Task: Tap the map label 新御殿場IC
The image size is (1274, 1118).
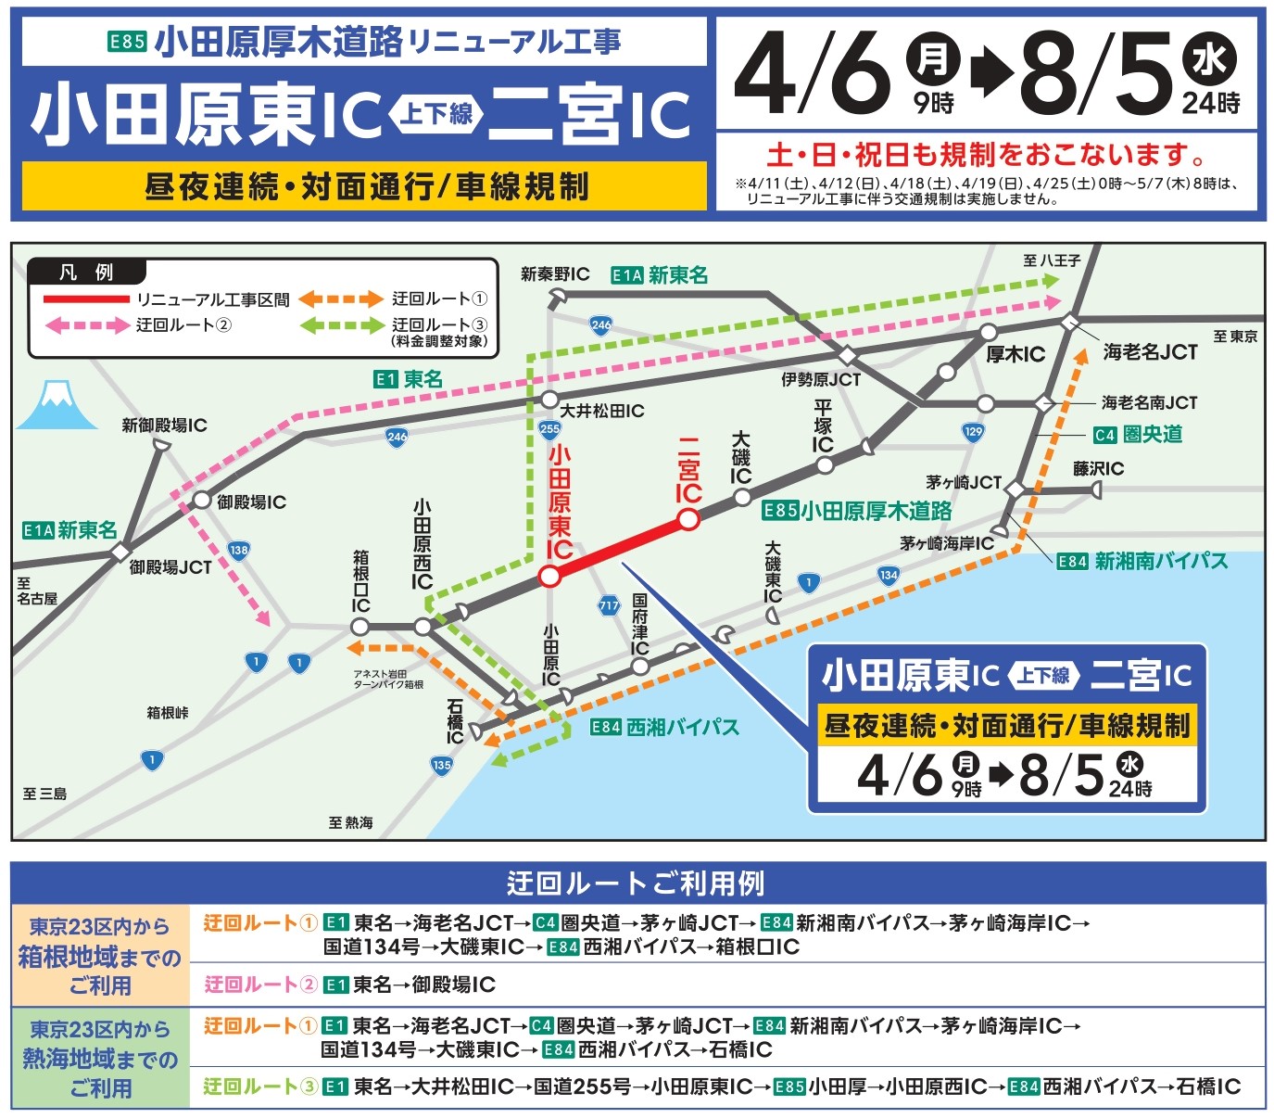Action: point(164,426)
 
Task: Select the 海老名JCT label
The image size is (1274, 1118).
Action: point(1150,352)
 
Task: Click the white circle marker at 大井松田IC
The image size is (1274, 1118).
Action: point(549,400)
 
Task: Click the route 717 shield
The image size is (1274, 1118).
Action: point(608,605)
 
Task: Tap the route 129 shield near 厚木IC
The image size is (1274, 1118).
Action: point(973,431)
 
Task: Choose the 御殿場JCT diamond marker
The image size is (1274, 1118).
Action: point(120,553)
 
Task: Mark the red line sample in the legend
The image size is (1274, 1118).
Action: point(86,299)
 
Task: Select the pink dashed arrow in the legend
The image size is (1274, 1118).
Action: point(87,325)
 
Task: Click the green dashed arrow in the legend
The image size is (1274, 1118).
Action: point(341,325)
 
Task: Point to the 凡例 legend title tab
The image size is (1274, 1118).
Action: point(86,272)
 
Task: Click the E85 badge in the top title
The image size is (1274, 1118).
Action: point(127,42)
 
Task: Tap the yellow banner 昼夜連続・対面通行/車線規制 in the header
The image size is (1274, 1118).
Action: point(364,186)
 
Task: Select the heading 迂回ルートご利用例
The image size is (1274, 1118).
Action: point(637,883)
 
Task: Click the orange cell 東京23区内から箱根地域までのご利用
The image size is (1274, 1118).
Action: point(100,956)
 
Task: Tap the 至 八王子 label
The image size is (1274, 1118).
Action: point(1052,260)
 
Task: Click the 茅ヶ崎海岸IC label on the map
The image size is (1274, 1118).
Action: point(946,543)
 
